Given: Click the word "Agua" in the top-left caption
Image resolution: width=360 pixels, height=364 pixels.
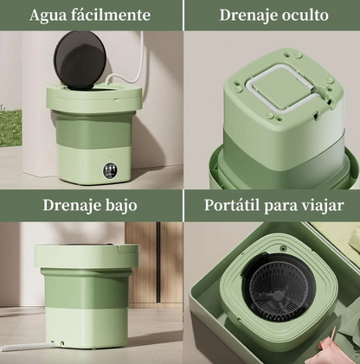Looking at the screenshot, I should pos(49,16).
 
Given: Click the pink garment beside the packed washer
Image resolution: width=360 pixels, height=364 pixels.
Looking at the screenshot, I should pos(341,350).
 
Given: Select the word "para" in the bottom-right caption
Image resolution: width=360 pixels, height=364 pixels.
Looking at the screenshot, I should pos(282,208).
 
